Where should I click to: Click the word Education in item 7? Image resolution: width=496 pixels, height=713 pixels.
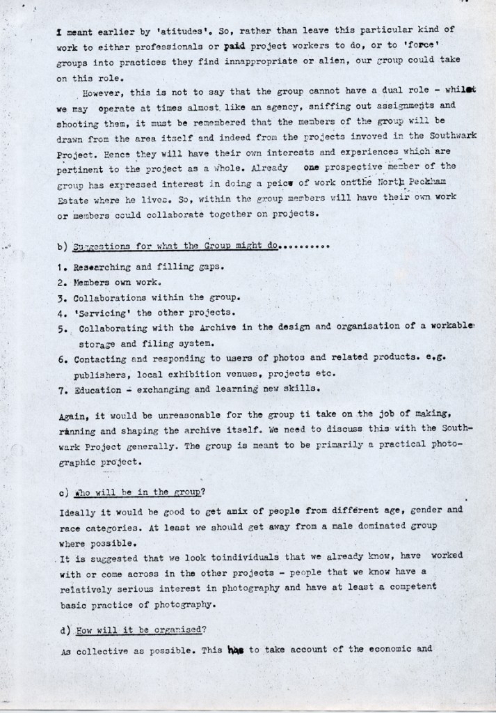pyautogui.click(x=98, y=390)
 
